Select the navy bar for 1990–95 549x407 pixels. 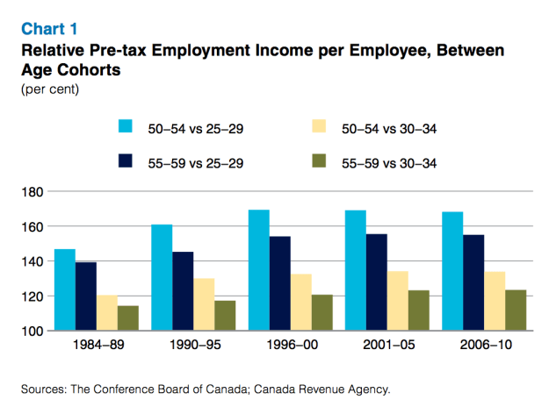(183, 290)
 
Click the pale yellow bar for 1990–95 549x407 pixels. (204, 304)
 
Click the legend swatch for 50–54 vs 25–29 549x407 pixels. (126, 127)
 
